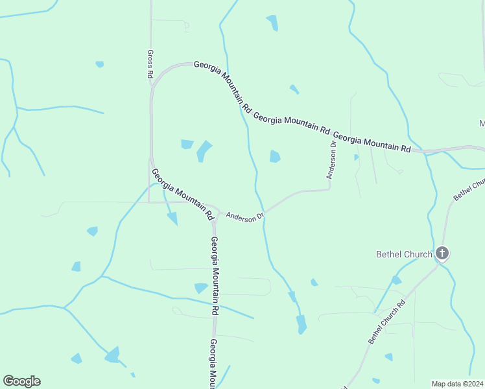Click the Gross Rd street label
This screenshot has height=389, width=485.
(150, 64)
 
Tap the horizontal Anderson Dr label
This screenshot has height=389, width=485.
(245, 215)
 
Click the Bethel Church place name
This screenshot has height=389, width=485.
(404, 254)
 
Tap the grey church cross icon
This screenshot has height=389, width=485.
(442, 253)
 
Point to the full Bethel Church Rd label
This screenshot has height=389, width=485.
(386, 322)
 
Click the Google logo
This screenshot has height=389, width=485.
(21, 381)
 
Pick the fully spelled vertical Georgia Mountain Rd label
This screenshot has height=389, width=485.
(213, 276)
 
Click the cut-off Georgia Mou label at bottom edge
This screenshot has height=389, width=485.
(212, 364)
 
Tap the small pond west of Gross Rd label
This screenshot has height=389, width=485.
(99, 64)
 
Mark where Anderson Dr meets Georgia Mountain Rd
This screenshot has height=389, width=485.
(217, 211)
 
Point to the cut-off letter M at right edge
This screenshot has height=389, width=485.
(482, 123)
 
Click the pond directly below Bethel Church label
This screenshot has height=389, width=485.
(396, 280)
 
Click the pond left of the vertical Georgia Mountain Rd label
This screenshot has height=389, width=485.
(200, 288)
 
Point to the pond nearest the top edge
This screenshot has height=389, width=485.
(272, 22)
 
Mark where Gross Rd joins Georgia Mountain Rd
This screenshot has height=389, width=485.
(151, 83)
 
